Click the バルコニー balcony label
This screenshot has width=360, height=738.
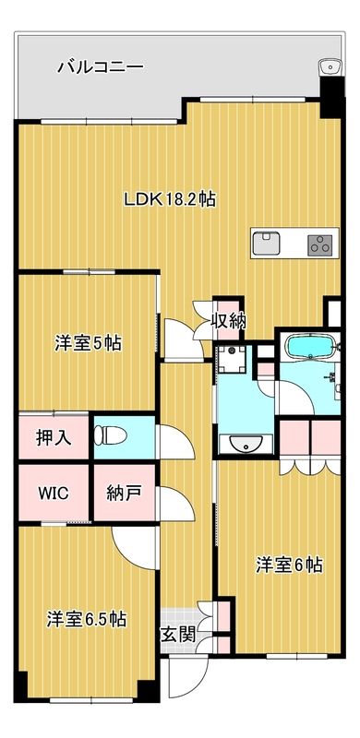point(100,66)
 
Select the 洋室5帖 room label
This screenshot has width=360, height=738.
point(88,343)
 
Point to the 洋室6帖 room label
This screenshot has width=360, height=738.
point(289,565)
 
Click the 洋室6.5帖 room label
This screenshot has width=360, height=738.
point(87,619)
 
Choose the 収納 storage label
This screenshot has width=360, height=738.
point(228,321)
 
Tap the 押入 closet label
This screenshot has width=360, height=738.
point(54,437)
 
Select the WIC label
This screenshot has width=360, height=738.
point(53,492)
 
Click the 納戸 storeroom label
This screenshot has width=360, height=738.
point(124,492)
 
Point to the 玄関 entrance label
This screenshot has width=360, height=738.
point(178,634)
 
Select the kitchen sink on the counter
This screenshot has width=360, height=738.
point(268,243)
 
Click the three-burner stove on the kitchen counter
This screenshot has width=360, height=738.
point(320,244)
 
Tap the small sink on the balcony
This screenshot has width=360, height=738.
point(328,66)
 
